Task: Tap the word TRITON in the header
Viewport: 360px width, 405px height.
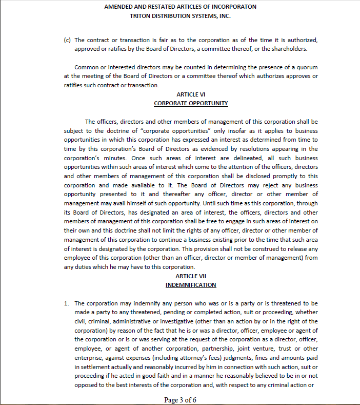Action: tap(142, 16)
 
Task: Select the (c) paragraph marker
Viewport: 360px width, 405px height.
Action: tap(67, 40)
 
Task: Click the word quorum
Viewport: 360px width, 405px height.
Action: tap(307, 67)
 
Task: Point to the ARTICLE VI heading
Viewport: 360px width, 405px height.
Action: tap(191, 94)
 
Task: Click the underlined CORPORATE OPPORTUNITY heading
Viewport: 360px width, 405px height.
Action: tap(191, 103)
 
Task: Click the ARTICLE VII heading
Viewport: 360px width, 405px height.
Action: tap(191, 276)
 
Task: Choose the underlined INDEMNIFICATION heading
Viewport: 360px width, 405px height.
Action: tap(191, 285)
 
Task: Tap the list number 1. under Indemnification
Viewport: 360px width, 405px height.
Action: tap(67, 303)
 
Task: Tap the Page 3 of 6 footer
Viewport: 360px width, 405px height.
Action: tap(180, 400)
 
